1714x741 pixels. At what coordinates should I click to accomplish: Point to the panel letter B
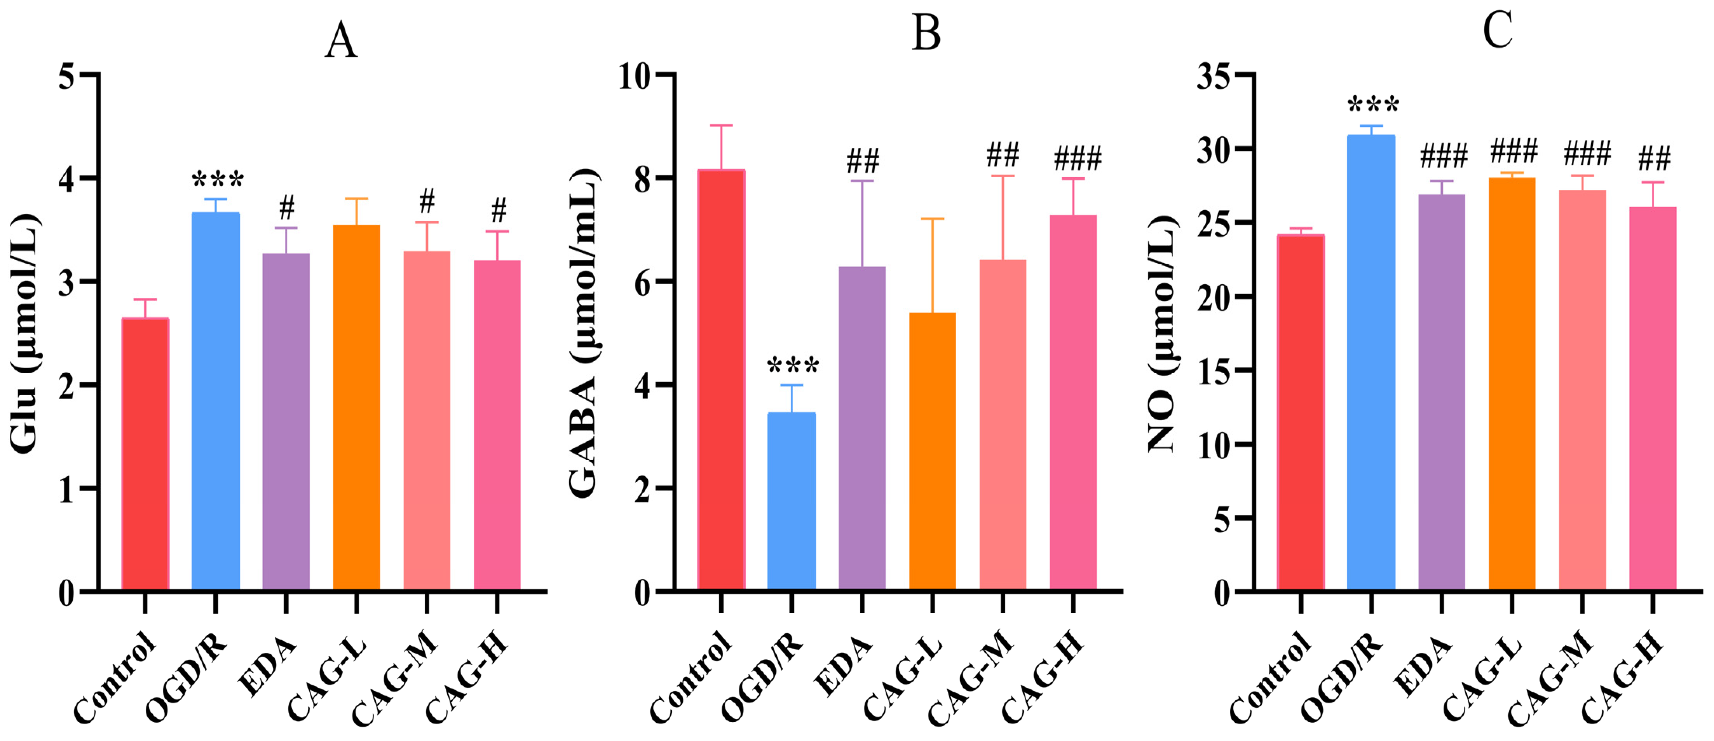(926, 34)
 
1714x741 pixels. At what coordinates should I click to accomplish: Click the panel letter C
(1498, 30)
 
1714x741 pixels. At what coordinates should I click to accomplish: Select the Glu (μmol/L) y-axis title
(25, 333)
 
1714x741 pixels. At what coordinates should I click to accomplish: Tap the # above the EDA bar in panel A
(287, 208)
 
